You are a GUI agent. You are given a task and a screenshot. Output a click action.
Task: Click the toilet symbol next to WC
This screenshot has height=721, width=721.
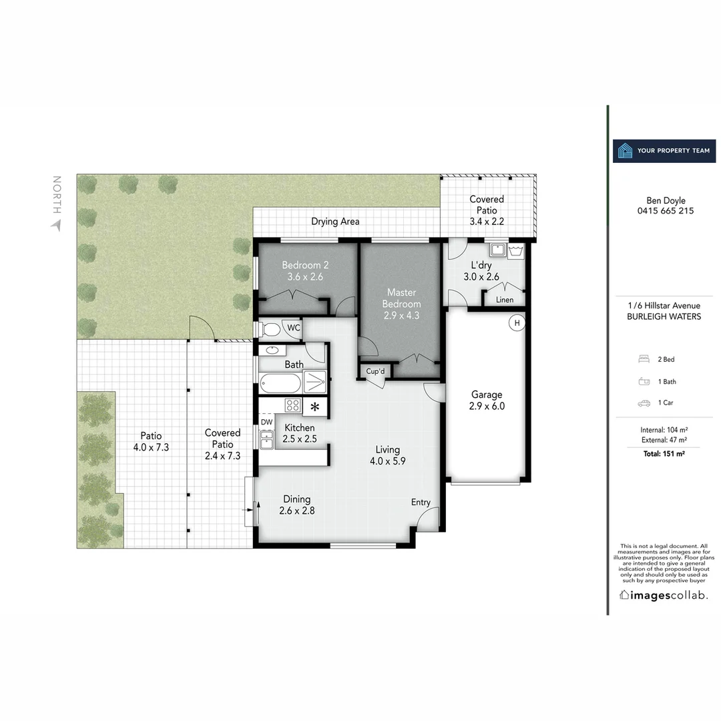270,329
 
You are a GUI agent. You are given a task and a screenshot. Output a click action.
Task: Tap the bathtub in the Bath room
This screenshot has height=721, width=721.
280,383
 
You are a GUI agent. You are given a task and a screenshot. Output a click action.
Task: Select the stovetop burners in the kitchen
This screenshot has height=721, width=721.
292,405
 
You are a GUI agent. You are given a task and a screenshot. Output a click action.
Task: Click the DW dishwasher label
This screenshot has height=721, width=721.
266,422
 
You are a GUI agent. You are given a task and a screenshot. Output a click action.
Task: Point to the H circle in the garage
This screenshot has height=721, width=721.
516,323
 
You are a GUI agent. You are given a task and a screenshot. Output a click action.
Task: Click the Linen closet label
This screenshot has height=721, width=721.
505,300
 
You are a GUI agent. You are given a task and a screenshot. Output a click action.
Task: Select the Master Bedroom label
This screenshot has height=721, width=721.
401,304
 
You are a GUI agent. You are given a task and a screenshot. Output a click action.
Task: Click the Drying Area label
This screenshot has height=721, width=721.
335,222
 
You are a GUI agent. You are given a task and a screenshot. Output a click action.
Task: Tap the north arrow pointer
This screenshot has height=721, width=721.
56,225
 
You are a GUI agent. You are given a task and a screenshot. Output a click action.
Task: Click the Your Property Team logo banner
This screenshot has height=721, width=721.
664,151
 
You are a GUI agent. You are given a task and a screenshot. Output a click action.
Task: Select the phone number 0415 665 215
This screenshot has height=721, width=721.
666,211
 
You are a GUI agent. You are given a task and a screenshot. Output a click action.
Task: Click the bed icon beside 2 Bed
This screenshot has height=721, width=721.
644,359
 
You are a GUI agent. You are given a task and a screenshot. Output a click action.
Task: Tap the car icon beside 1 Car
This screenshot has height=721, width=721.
644,403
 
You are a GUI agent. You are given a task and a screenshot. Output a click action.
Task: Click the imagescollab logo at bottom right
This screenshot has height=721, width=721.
664,595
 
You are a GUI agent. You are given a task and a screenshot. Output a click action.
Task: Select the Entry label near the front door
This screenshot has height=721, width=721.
421,503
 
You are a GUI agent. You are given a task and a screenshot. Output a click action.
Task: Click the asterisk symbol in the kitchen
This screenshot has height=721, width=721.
314,407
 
